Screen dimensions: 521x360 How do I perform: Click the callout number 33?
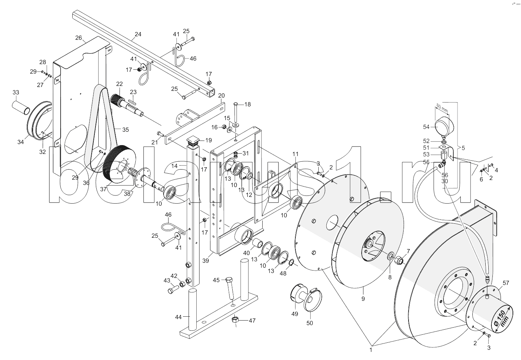16,92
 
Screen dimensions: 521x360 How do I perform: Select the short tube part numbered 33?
21,107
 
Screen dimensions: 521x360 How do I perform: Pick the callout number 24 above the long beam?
138,34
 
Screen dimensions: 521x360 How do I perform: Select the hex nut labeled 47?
235,320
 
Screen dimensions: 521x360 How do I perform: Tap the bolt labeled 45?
230,288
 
